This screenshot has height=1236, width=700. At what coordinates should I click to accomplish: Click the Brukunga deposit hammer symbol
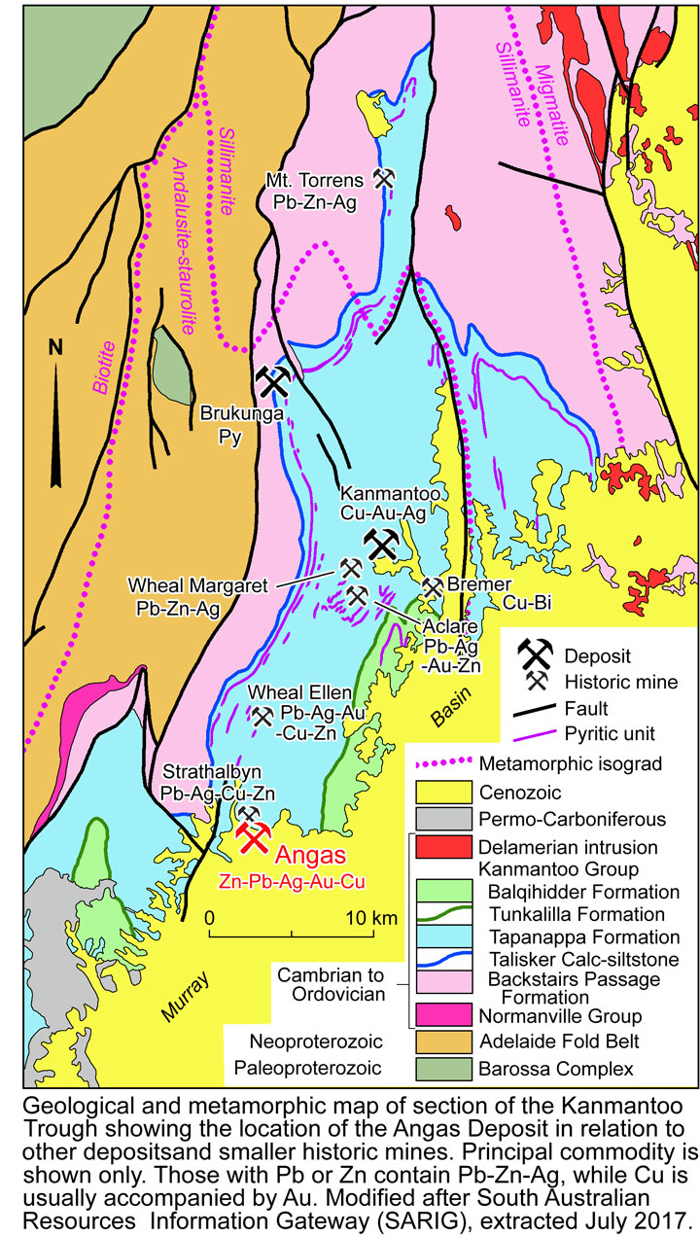point(273,382)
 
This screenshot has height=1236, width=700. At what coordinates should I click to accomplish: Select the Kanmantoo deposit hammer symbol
point(380,545)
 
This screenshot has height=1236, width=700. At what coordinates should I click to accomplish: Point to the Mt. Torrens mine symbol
point(384,178)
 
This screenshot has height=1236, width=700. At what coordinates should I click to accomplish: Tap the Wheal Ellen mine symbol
point(262,716)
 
